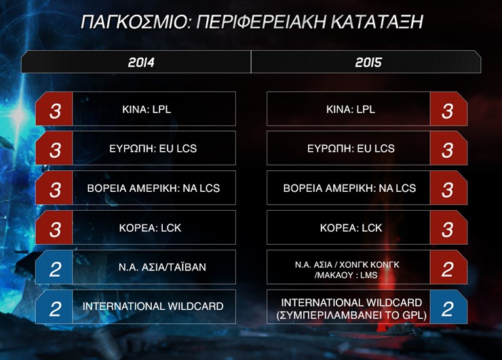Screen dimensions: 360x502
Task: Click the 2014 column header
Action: (141, 62)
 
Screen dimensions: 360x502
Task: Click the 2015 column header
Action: (368, 62)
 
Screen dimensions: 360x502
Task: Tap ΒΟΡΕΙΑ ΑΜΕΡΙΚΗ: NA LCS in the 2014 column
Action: (153, 188)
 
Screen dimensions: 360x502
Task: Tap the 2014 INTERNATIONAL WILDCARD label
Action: (153, 306)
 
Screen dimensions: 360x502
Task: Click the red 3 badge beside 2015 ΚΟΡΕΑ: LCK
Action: (448, 228)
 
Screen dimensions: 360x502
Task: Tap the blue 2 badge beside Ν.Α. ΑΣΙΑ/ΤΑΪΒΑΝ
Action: (55, 268)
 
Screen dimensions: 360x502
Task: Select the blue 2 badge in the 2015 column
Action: (448, 307)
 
